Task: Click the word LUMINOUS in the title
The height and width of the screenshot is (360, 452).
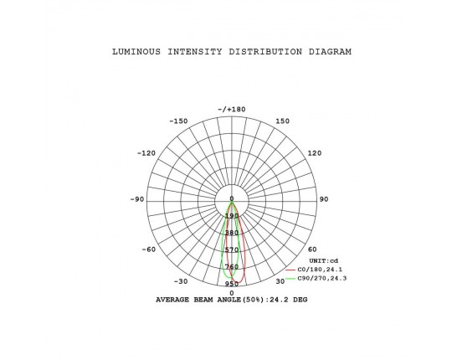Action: click(x=136, y=52)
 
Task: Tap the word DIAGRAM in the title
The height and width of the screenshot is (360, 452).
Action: click(x=330, y=52)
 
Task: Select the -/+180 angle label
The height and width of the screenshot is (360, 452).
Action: click(x=232, y=109)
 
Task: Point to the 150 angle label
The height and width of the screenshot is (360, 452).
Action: click(x=283, y=121)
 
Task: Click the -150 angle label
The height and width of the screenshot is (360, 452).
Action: click(x=178, y=121)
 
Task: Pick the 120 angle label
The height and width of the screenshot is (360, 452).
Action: click(x=315, y=153)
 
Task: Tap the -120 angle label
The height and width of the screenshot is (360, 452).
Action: click(x=146, y=153)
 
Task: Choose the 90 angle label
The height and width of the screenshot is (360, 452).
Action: click(x=324, y=199)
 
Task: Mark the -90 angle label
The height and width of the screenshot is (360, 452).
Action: click(x=137, y=199)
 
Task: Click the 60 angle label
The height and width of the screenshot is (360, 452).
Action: click(x=312, y=249)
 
